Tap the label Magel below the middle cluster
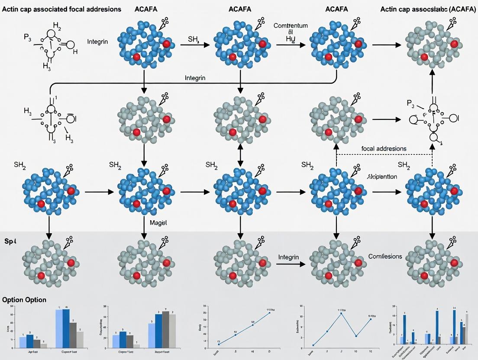[158, 222]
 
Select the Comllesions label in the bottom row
[385, 256]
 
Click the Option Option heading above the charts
[24, 300]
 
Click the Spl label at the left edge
[10, 241]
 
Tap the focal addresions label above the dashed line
[384, 148]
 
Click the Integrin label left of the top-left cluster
[97, 42]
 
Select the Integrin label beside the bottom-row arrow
[288, 257]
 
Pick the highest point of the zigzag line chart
[341, 313]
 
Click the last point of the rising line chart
[269, 312]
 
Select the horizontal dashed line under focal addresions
[384, 154]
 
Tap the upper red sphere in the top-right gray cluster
[454, 44]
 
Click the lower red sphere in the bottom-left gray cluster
[41, 276]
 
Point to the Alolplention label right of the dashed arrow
[382, 177]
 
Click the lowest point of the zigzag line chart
[313, 345]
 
